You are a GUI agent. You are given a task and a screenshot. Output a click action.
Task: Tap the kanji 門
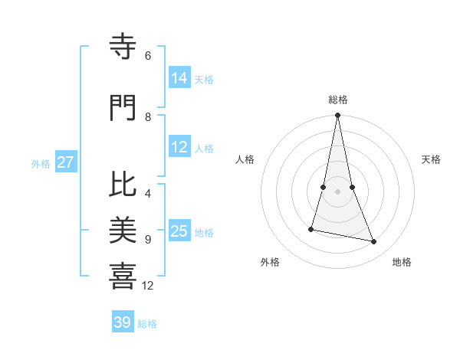(123, 109)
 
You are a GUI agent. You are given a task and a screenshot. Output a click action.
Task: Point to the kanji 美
(123, 231)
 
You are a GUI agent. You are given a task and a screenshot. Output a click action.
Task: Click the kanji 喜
(123, 277)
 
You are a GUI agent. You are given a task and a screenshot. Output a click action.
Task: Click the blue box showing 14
(179, 79)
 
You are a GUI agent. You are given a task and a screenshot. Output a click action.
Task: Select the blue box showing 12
(179, 148)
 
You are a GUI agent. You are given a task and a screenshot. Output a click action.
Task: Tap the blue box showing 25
(179, 232)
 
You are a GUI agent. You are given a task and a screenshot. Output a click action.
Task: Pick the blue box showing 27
(66, 163)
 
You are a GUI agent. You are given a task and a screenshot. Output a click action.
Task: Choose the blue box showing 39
(123, 322)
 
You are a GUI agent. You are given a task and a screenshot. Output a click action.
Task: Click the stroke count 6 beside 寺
(148, 56)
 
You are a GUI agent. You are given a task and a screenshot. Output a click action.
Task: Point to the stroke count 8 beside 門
(148, 116)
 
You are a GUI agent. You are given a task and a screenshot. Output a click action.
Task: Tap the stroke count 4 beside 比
(148, 193)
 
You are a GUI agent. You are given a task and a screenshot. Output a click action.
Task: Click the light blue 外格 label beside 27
(41, 164)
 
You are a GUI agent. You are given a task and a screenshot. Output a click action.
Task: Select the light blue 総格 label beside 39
(147, 324)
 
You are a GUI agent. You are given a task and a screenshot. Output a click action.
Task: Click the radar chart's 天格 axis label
(431, 159)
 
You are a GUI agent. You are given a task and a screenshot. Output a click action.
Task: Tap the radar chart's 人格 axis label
(245, 159)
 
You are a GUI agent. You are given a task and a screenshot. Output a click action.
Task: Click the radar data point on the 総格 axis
(337, 116)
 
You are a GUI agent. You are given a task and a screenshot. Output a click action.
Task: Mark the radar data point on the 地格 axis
(374, 242)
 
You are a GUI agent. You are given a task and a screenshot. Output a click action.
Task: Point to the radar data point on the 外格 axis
(311, 229)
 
